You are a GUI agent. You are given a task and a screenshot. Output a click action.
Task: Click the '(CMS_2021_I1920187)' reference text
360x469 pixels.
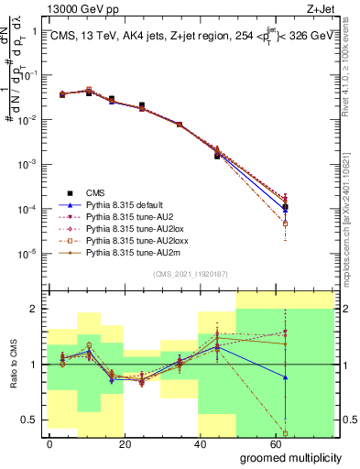190,273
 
